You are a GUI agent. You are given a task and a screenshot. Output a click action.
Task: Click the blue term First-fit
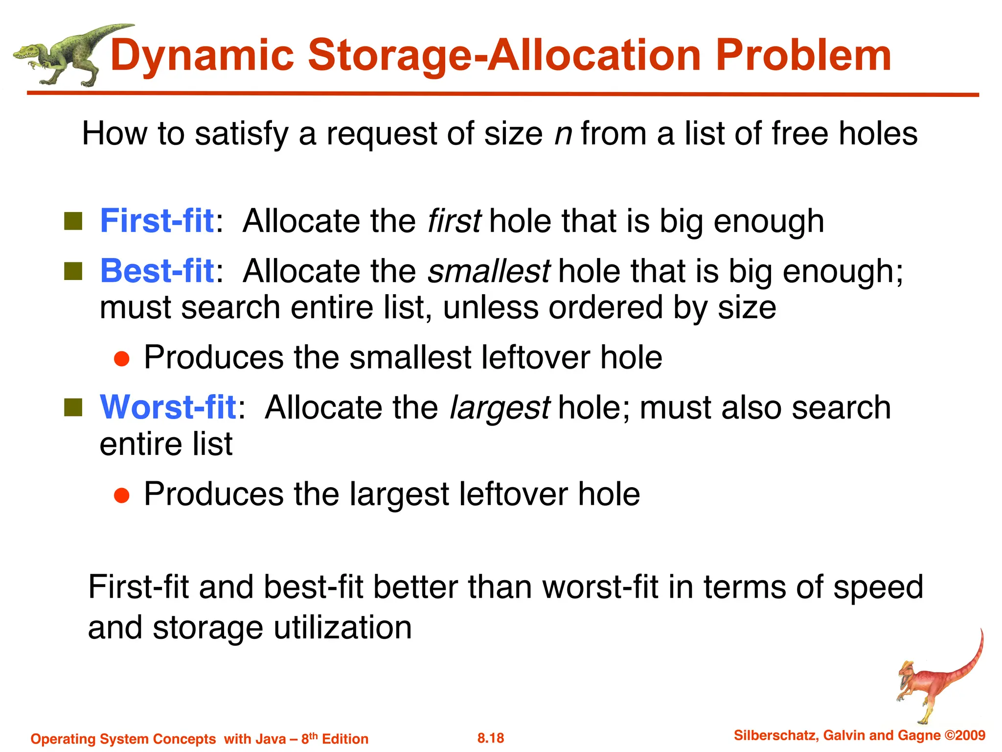tap(157, 221)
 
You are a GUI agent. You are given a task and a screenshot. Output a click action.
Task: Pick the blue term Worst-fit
tap(168, 407)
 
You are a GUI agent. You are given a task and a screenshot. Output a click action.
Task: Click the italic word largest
tap(500, 408)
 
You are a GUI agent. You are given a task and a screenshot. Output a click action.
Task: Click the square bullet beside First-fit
tap(73, 221)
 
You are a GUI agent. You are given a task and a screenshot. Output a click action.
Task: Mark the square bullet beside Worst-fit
tap(73, 408)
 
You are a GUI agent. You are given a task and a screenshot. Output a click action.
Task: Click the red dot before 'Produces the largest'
tap(121, 495)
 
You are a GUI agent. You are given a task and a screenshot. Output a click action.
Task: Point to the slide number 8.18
tap(491, 738)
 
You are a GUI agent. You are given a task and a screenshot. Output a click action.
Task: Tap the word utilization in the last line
tap(342, 628)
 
